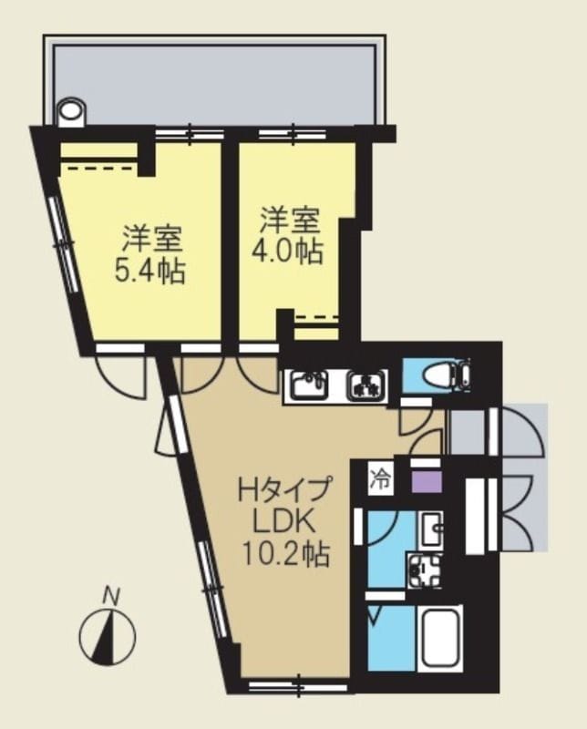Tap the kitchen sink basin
[308, 386]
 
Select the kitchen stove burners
[367, 386]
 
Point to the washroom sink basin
[431, 527]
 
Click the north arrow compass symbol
[108, 634]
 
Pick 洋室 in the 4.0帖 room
[290, 221]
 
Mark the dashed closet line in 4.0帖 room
[316, 318]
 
